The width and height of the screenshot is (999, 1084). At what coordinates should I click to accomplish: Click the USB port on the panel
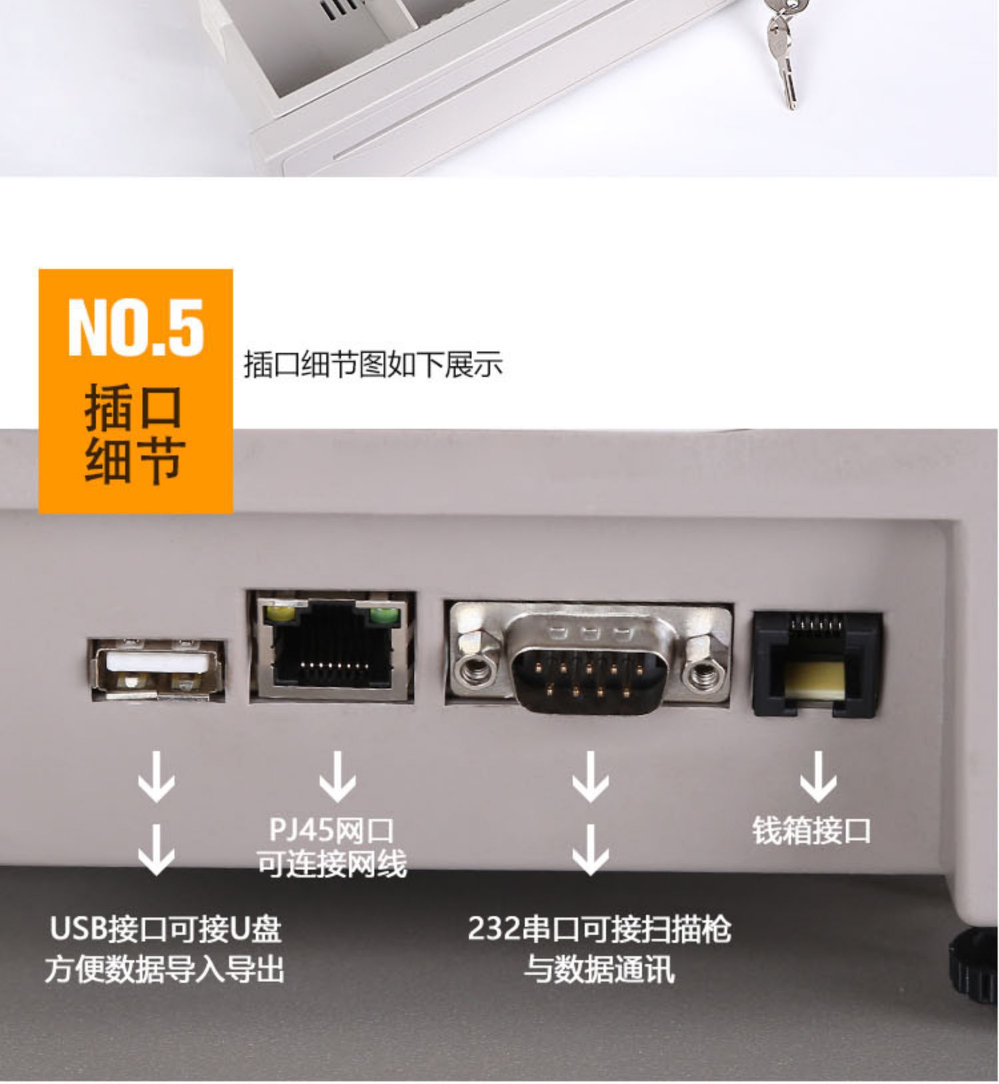[x=157, y=669]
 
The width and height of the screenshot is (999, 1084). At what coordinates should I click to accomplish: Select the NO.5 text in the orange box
[x=136, y=328]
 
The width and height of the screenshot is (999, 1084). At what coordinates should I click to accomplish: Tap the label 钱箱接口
[x=811, y=831]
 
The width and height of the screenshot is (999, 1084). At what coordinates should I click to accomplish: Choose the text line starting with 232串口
[x=599, y=929]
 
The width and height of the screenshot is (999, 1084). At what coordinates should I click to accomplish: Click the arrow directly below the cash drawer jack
[x=818, y=777]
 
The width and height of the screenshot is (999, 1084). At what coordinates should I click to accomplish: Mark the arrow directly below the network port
[x=337, y=777]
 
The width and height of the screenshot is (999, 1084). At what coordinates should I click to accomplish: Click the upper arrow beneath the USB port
[x=157, y=777]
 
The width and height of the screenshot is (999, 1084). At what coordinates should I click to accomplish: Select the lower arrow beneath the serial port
[x=590, y=850]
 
